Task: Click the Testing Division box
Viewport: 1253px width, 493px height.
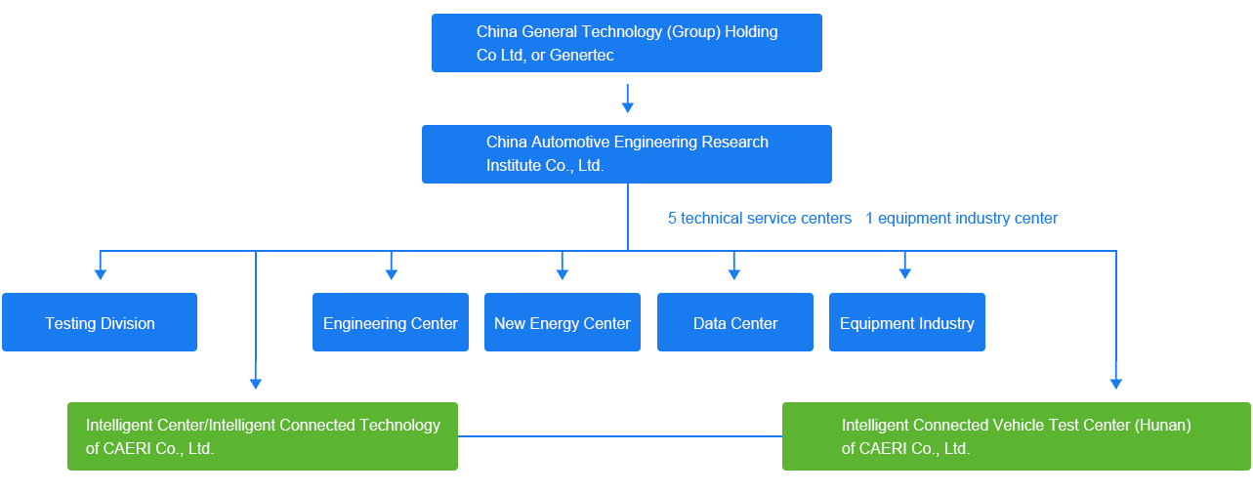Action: [100, 323]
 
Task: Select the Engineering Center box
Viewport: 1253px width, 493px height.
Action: [390, 323]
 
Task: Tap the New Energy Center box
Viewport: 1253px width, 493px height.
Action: [562, 323]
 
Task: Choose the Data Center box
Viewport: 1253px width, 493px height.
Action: [734, 323]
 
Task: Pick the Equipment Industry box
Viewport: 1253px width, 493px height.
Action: [906, 323]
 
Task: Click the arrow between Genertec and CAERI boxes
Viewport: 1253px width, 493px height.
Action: [627, 100]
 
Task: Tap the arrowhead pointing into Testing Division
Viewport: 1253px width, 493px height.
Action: [100, 273]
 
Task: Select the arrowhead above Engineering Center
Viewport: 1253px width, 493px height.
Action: [391, 273]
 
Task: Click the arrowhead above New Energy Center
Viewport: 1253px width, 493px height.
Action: [562, 273]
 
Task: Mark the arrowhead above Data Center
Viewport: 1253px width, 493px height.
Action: [734, 273]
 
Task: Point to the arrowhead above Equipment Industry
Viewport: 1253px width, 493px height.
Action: [905, 273]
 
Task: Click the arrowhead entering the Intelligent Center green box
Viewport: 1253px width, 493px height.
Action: [255, 383]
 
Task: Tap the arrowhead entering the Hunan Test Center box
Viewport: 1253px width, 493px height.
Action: [1115, 383]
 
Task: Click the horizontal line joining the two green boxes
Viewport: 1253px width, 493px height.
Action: [619, 436]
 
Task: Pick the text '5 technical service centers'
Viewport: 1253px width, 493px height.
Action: [760, 219]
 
